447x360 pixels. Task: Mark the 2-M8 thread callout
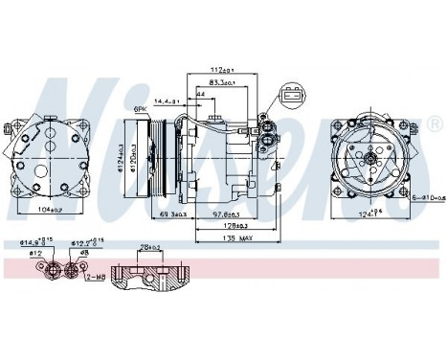(94, 277)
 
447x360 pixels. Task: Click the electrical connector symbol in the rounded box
(290, 96)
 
